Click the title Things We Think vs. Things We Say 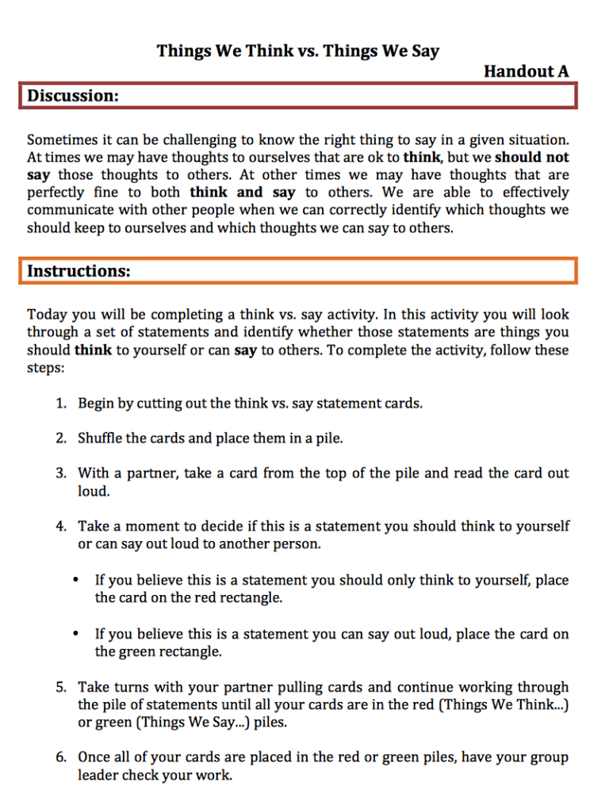(297, 52)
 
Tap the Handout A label (526, 71)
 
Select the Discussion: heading (74, 96)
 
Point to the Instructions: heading (79, 271)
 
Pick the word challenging (222, 141)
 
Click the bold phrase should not (532, 158)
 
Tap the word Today (46, 315)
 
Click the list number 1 (61, 403)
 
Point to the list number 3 (61, 473)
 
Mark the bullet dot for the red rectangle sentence (75, 580)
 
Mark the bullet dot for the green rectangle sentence (75, 634)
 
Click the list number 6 (61, 758)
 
